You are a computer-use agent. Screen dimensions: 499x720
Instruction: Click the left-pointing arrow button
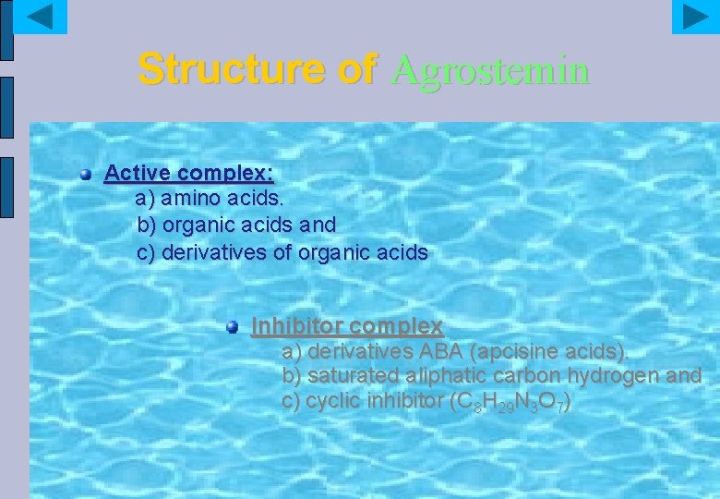(41, 17)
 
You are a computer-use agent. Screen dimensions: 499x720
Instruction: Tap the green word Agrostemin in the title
(489, 69)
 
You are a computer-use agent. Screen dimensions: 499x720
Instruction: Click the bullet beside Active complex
(86, 173)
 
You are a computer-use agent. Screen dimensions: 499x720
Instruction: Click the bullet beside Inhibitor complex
(233, 326)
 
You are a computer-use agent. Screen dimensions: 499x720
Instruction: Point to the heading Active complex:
(188, 173)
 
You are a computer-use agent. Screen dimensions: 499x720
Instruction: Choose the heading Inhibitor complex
(347, 326)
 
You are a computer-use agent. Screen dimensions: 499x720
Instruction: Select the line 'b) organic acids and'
(236, 225)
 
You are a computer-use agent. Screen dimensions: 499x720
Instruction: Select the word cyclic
(330, 402)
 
